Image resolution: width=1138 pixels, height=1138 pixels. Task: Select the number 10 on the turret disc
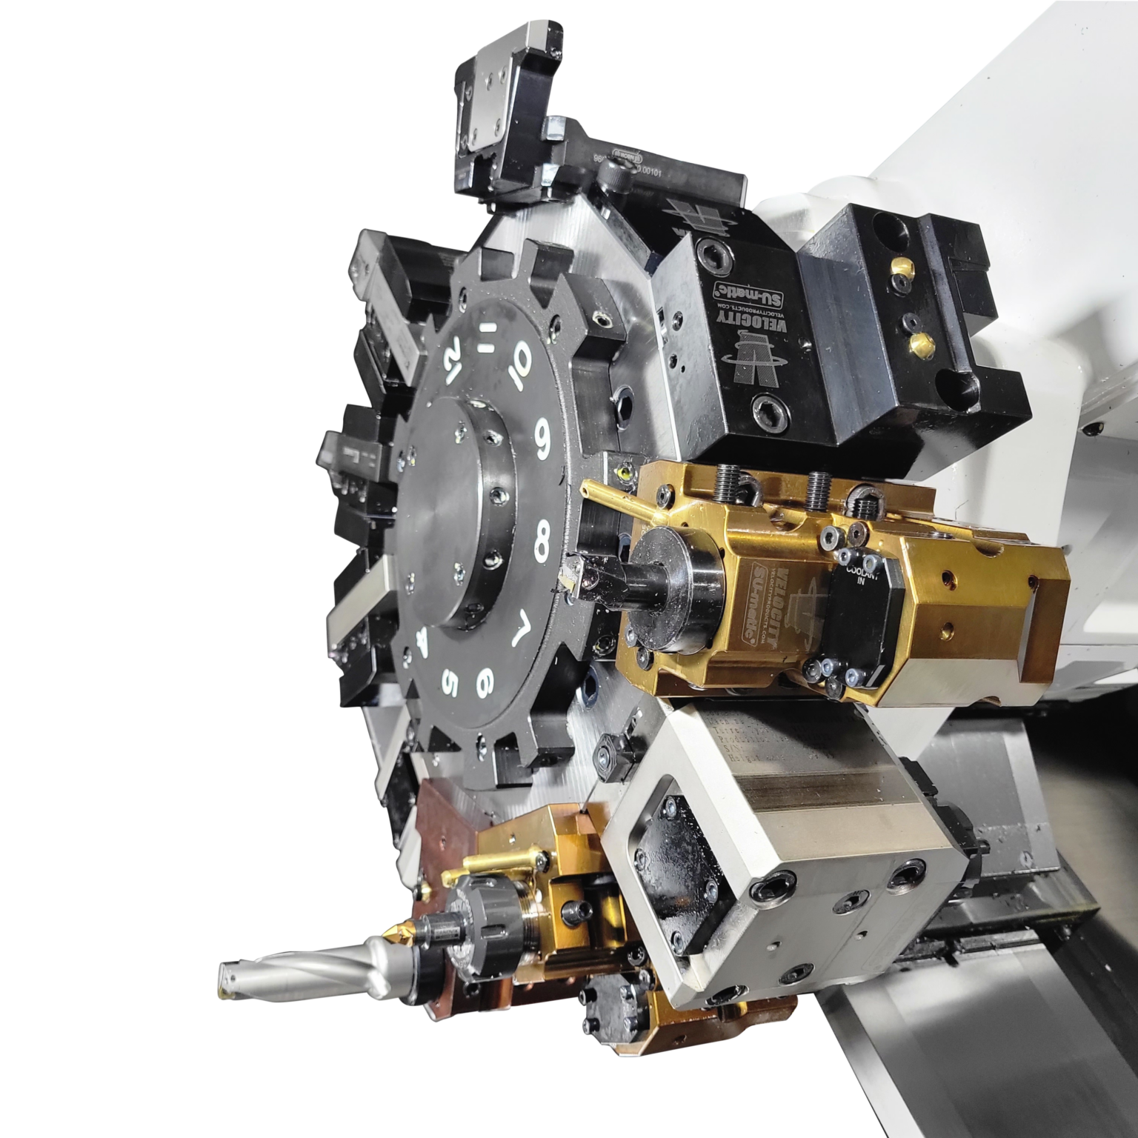click(x=520, y=362)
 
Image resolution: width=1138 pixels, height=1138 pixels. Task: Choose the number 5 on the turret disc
click(x=450, y=683)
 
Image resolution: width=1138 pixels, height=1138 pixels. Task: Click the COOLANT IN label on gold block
click(x=862, y=577)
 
